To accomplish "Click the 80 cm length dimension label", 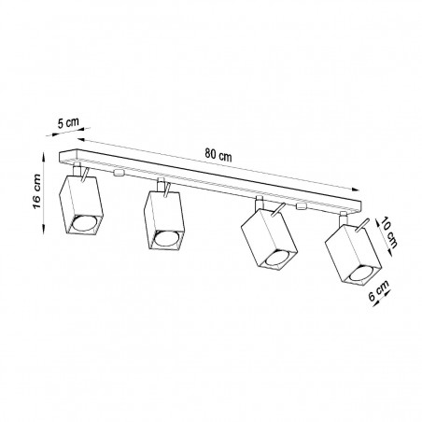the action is pos(218,155).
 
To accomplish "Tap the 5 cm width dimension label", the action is pos(68,122).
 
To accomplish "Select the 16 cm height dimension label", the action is pos(36,191).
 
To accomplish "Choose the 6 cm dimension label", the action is pos(379,290).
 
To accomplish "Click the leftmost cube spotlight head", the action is pos(80,205).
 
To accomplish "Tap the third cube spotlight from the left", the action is pos(269,238).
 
